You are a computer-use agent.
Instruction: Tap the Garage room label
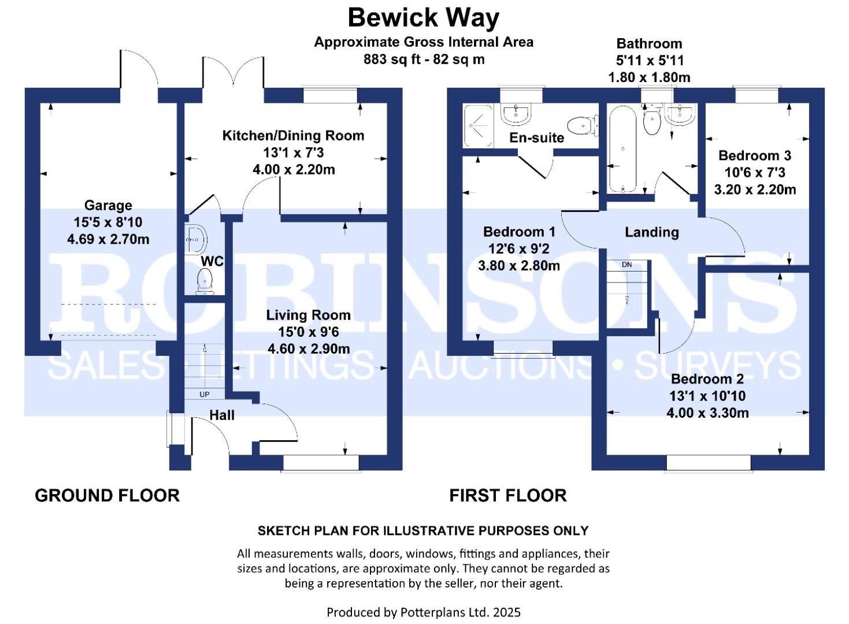pos(108,205)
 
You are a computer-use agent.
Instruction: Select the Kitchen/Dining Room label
pos(293,136)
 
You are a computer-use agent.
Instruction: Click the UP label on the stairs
pos(204,394)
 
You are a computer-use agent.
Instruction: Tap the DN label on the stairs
pos(626,265)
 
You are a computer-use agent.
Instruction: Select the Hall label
pos(222,415)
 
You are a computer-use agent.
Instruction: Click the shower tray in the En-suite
pos(478,125)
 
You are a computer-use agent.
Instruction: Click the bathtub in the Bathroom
pos(623,149)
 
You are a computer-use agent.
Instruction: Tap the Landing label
pos(651,232)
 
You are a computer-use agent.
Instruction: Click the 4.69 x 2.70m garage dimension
pos(108,239)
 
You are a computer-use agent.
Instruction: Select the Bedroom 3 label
pos(754,155)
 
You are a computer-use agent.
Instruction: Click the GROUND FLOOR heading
pos(107,495)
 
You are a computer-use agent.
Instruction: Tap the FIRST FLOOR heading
pos(507,495)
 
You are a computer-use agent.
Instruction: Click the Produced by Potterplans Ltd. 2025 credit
pos(423,612)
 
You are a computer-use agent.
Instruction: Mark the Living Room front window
pos(321,463)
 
